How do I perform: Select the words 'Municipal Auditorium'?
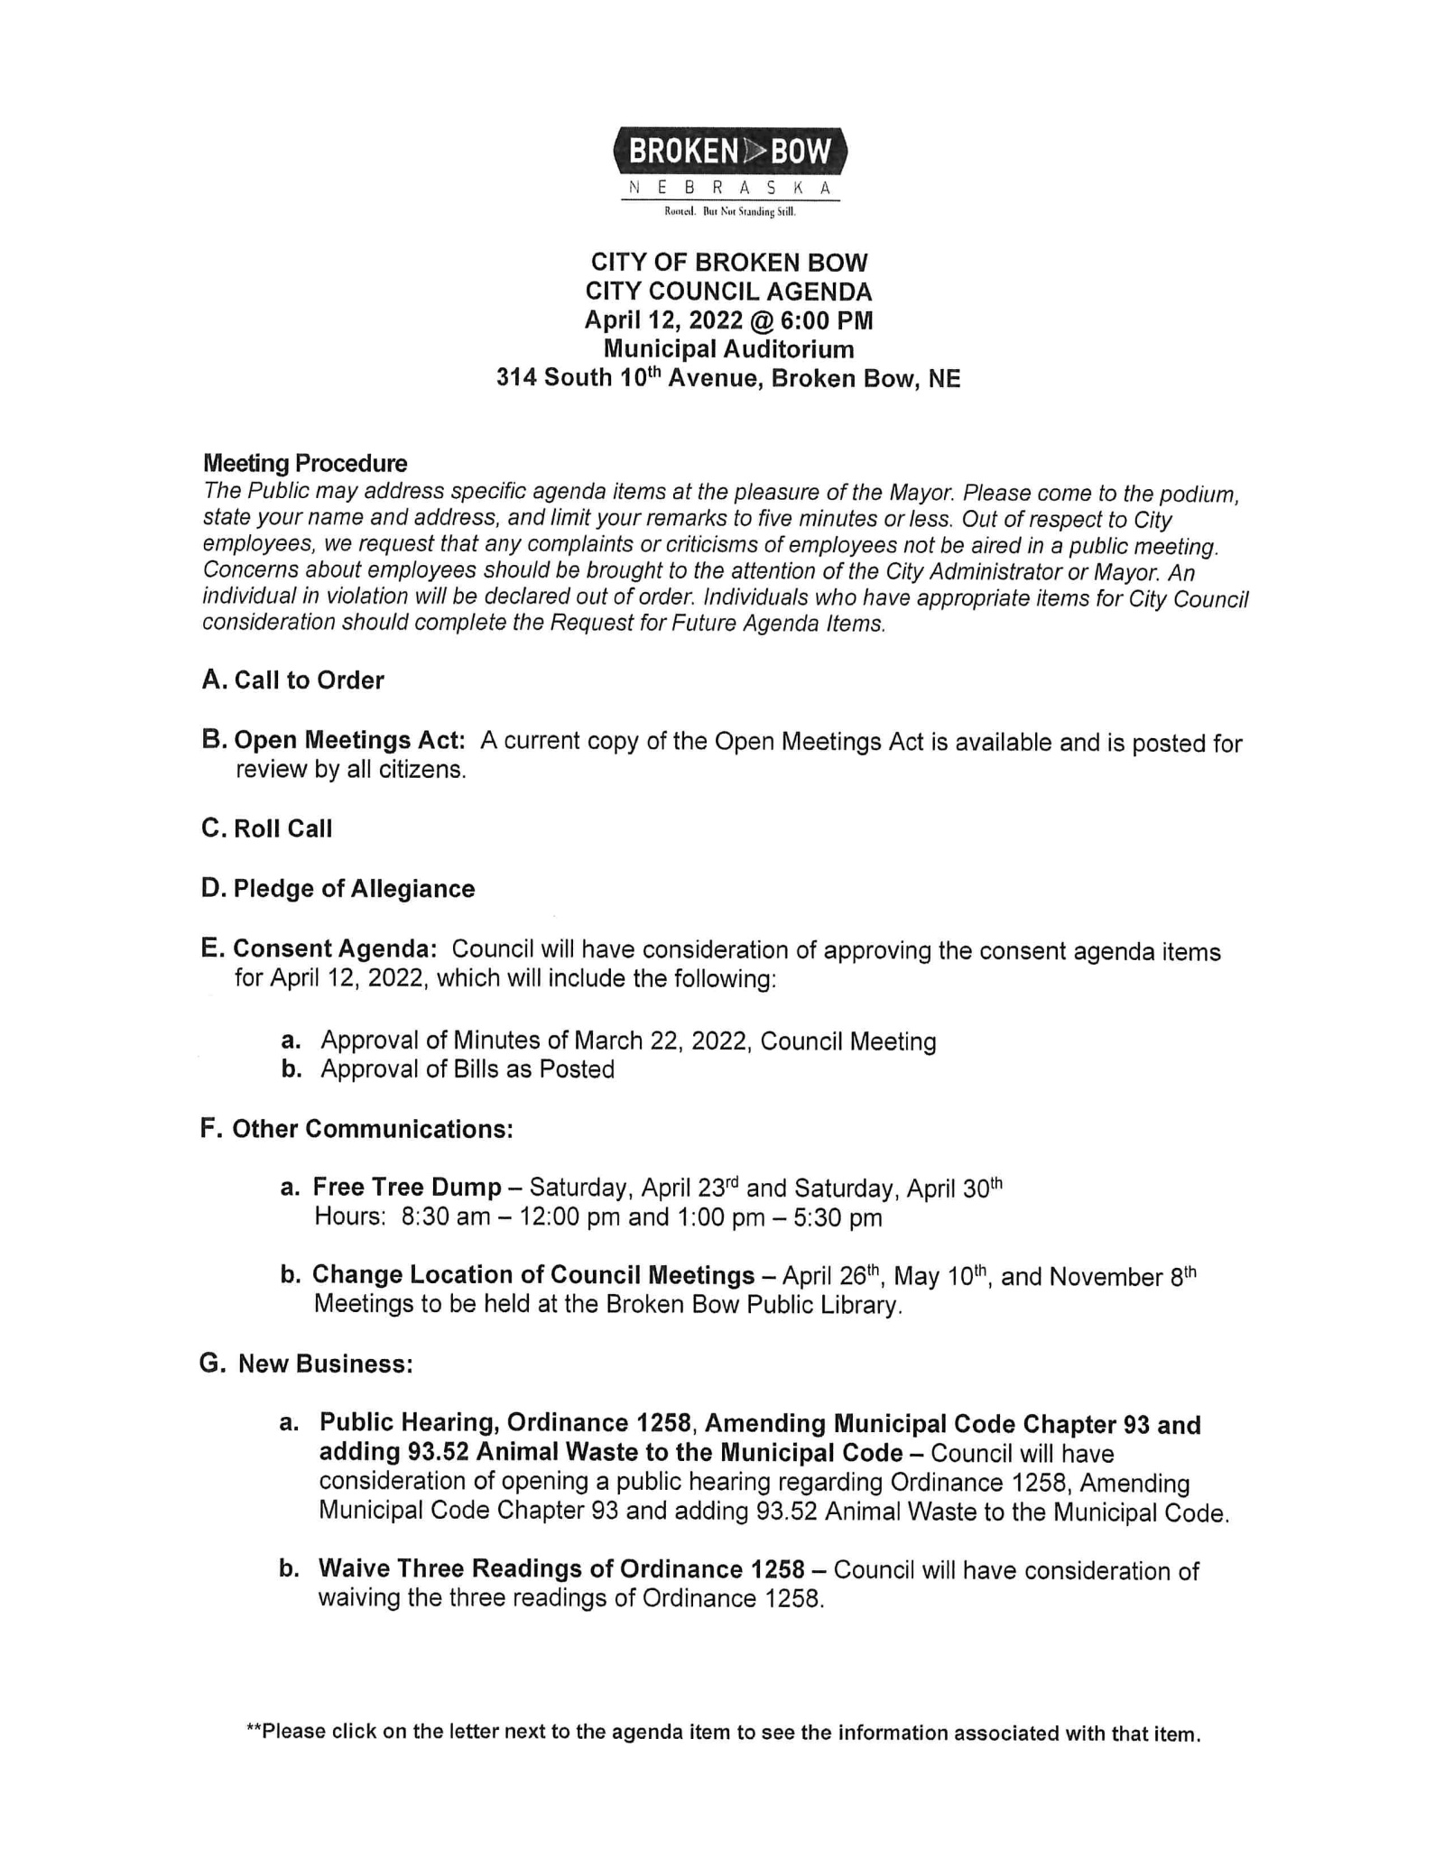[x=728, y=348]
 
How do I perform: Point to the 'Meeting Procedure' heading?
[x=305, y=463]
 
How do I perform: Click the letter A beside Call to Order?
[x=213, y=680]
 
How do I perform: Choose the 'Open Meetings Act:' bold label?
[x=349, y=741]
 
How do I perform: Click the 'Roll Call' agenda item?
[x=282, y=828]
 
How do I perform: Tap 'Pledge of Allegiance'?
[x=354, y=889]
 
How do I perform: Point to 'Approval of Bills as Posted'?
[x=467, y=1069]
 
